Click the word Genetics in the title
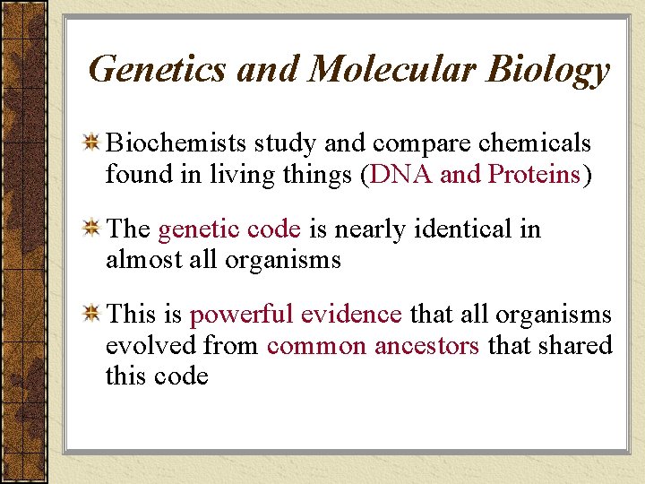click(x=158, y=69)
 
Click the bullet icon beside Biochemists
click(x=91, y=143)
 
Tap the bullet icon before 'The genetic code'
click(x=91, y=229)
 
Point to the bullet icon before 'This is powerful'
click(x=91, y=314)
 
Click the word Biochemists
click(x=176, y=143)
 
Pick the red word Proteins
click(x=535, y=174)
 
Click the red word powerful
click(x=241, y=315)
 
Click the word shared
click(x=580, y=345)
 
